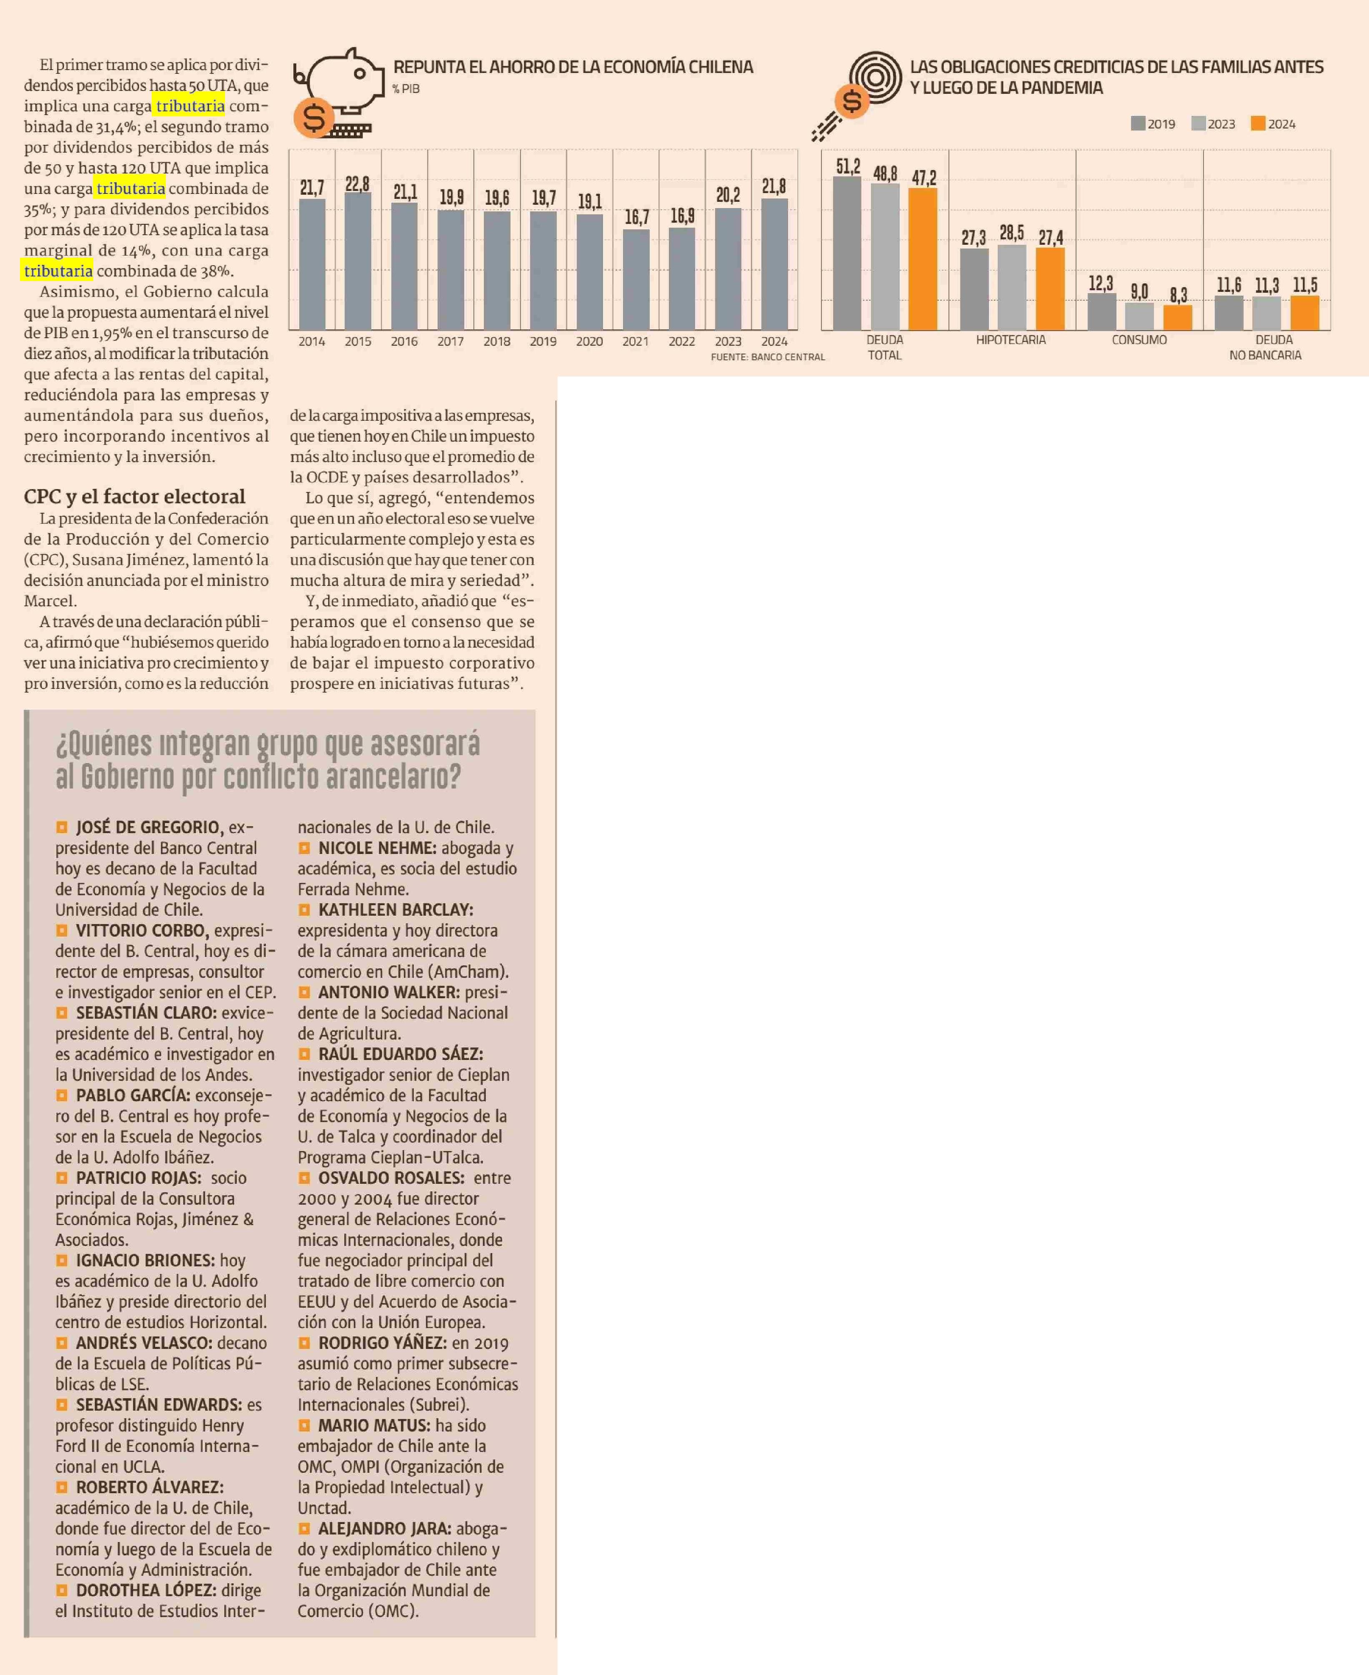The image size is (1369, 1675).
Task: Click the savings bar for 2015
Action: click(x=358, y=261)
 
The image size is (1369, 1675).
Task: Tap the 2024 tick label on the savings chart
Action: click(x=774, y=342)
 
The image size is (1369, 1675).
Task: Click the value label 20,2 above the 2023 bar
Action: click(x=728, y=195)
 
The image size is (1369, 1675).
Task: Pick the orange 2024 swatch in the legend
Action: click(x=1258, y=123)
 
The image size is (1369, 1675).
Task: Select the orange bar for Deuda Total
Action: click(x=923, y=259)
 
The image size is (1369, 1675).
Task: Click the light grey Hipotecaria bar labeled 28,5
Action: click(x=1012, y=287)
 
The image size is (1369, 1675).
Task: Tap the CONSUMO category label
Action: click(x=1139, y=340)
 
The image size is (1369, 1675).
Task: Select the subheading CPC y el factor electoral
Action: click(x=134, y=496)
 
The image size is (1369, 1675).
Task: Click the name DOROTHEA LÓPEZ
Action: click(x=145, y=1590)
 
